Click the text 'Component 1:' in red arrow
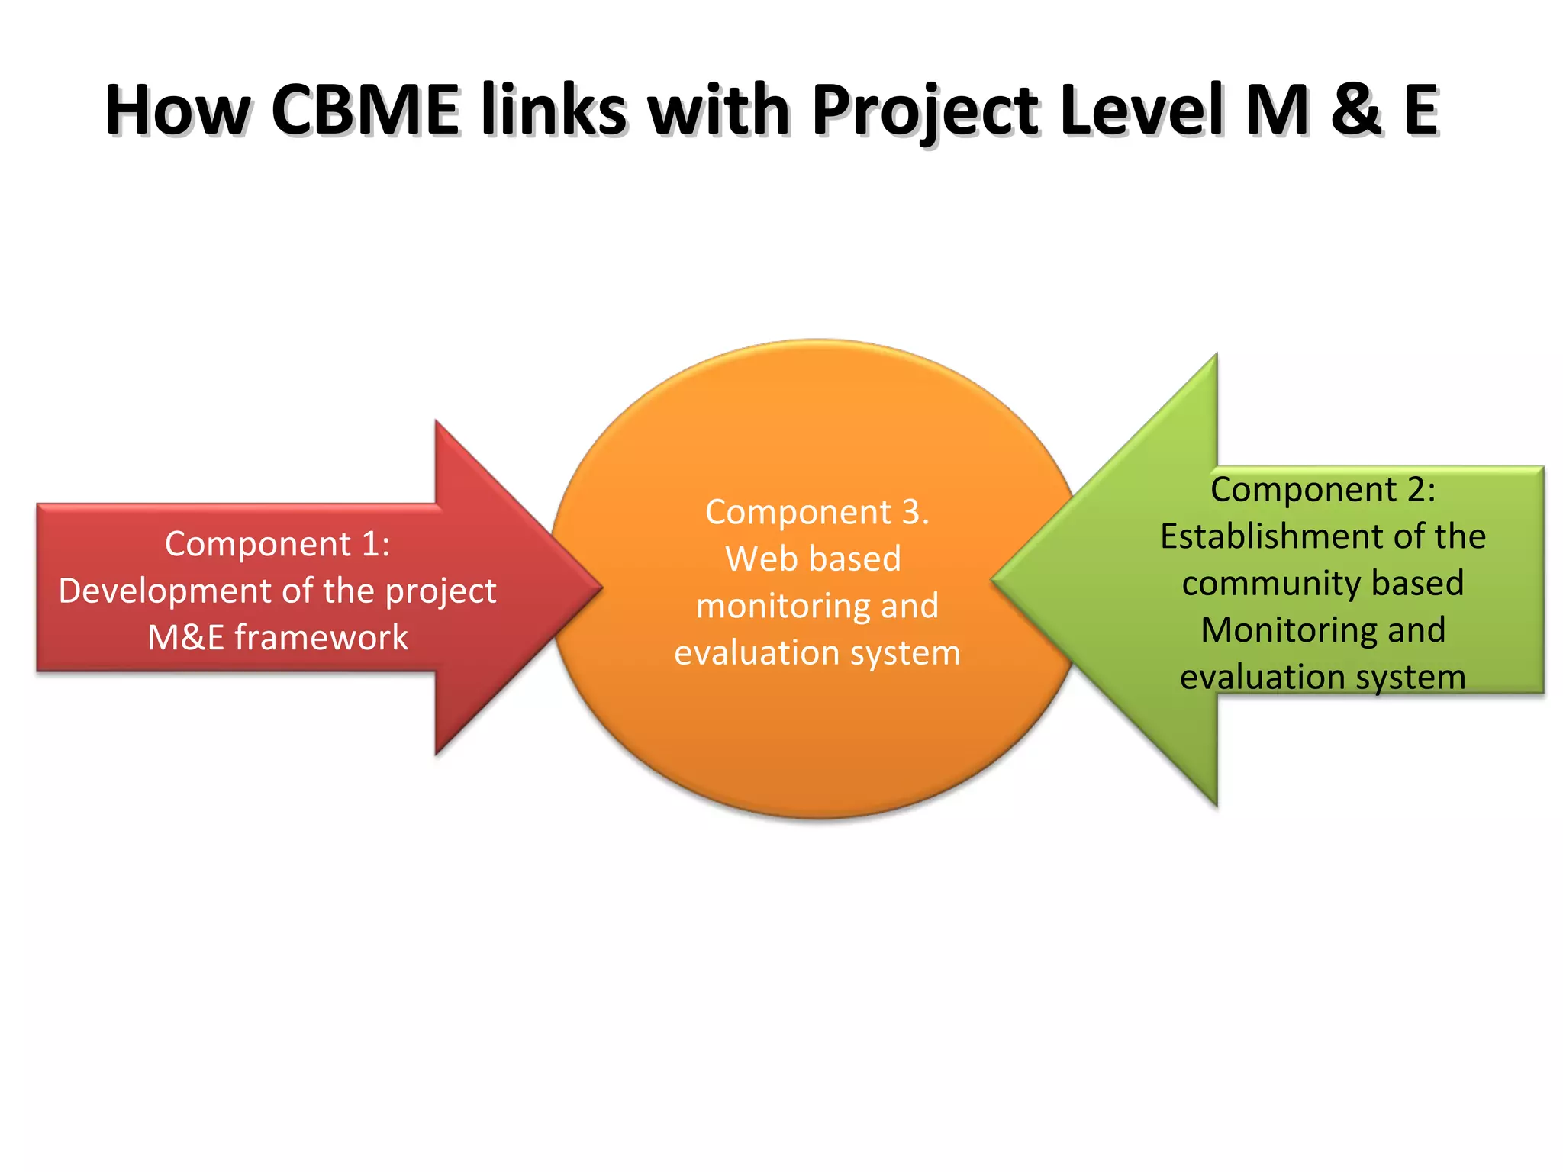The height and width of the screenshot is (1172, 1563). coord(278,544)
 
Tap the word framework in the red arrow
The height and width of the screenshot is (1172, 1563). coord(321,638)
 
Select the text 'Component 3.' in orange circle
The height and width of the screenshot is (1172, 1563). coord(817,512)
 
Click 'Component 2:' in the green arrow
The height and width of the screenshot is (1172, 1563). coord(1323,490)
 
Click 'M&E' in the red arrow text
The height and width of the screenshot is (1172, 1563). coord(185,638)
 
